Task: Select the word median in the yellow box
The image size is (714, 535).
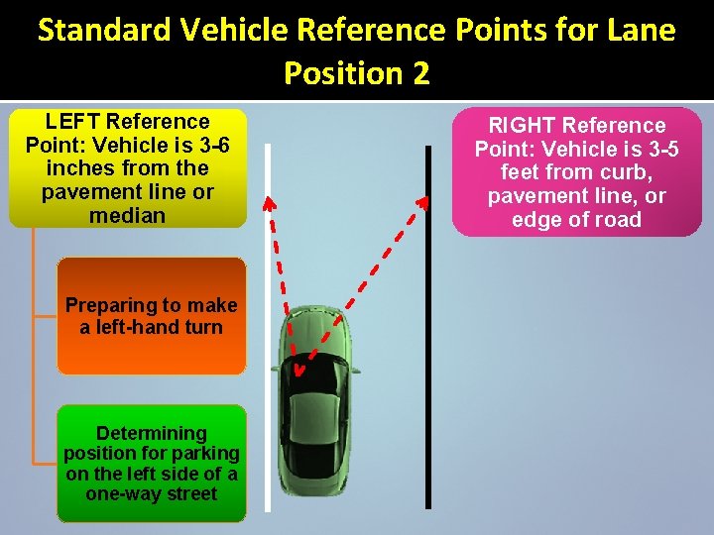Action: point(127,215)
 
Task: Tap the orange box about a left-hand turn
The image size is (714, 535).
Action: point(151,316)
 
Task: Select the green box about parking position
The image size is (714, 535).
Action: point(151,463)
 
